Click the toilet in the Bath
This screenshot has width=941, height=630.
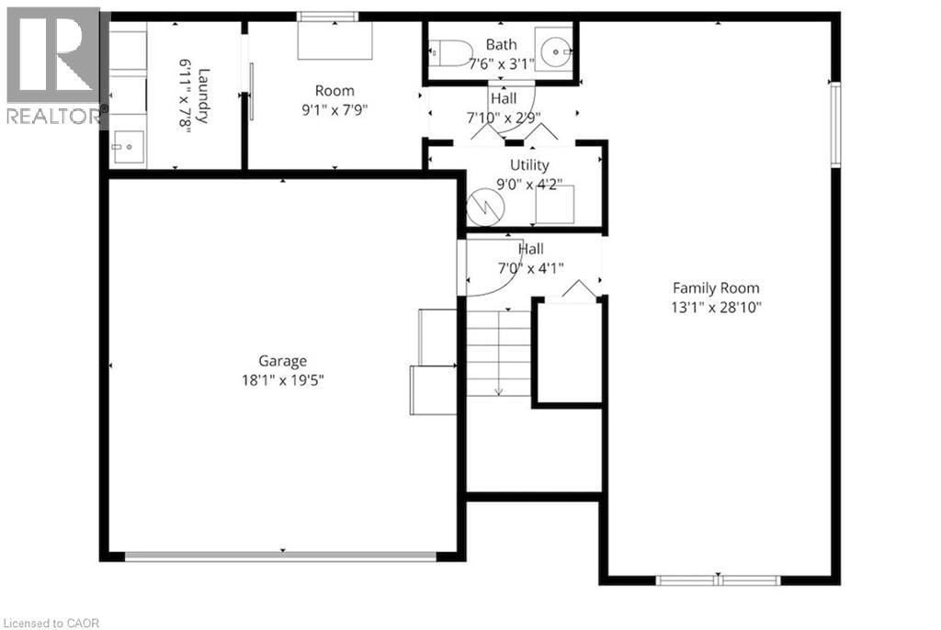[452, 53]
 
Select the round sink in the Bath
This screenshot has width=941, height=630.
[555, 53]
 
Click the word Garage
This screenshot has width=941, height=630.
[282, 361]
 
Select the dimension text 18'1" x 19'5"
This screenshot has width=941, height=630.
[282, 378]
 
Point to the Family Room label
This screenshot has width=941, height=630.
[717, 287]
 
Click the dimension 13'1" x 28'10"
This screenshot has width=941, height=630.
[717, 306]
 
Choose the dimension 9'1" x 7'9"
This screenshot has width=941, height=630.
[334, 108]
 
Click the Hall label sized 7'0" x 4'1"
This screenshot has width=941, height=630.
[530, 249]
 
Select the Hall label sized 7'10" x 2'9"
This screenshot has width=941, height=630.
[504, 98]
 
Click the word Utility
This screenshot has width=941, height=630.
[530, 164]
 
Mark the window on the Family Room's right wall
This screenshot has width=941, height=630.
[835, 125]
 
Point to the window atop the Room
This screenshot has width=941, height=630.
[327, 17]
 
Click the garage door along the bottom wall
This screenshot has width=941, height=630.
[281, 556]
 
